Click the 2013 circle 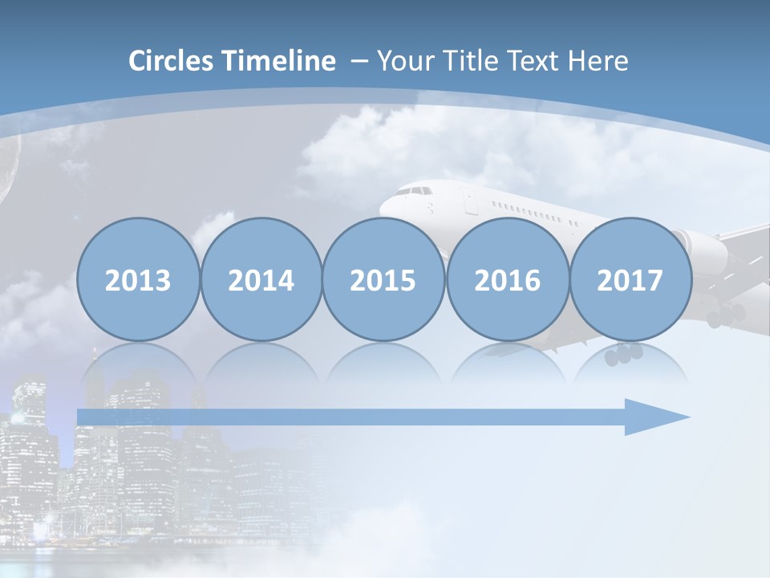tap(138, 279)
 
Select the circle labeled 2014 tap(261, 279)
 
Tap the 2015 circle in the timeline tap(383, 279)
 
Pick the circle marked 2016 tap(507, 279)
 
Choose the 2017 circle tap(630, 279)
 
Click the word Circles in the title tap(172, 61)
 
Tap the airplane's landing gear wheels tap(624, 354)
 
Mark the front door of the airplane tap(468, 201)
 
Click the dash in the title tap(359, 61)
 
